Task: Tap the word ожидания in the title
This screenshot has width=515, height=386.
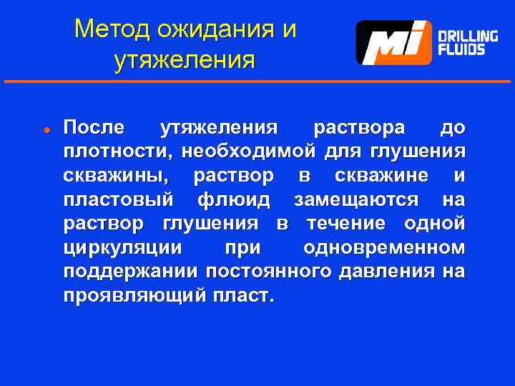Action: pyautogui.click(x=212, y=29)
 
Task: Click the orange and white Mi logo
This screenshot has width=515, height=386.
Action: pyautogui.click(x=393, y=42)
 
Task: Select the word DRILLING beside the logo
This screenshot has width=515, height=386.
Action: pyautogui.click(x=468, y=36)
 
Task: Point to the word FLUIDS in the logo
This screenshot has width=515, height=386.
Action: pyautogui.click(x=461, y=50)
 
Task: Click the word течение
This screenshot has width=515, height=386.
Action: pyautogui.click(x=345, y=223)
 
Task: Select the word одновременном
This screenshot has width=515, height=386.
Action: pyautogui.click(x=384, y=247)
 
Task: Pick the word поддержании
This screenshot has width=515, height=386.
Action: pyautogui.click(x=130, y=272)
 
